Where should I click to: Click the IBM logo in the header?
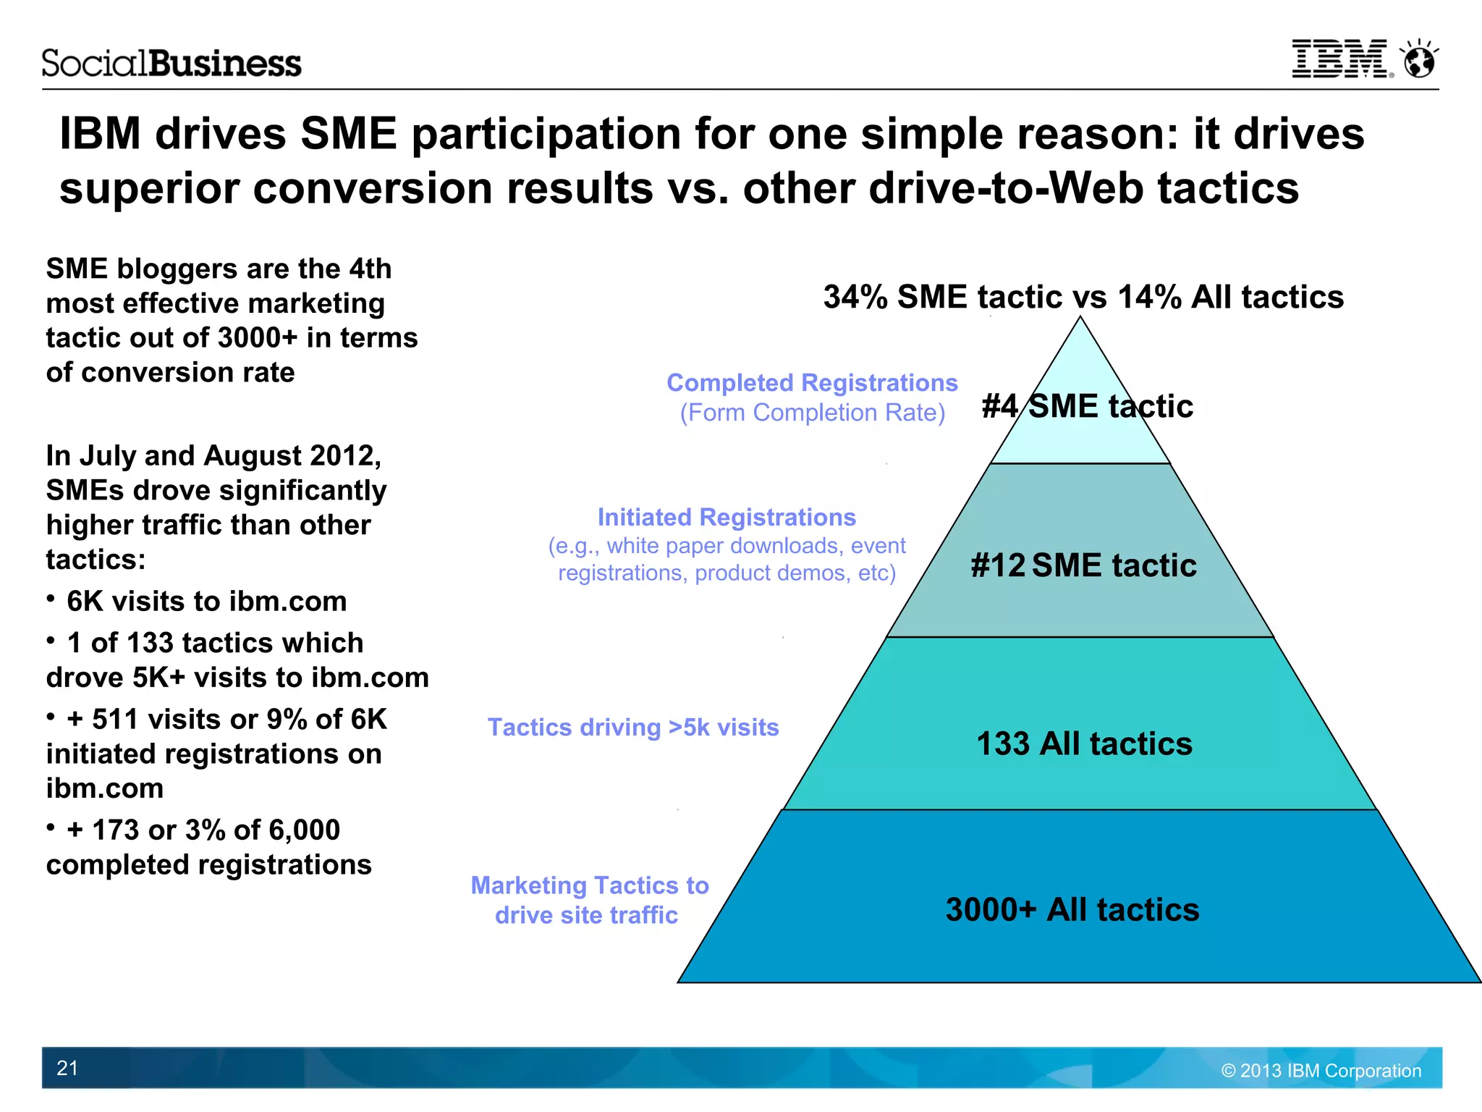[1339, 59]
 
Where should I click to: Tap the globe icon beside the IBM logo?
[1419, 59]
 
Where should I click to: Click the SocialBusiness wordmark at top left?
[172, 64]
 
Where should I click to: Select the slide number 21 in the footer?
[67, 1068]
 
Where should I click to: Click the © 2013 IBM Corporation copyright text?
[1321, 1071]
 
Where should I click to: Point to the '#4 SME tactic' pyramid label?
[1087, 406]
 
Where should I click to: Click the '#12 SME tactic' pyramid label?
[1083, 565]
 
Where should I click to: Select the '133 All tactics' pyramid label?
[1084, 744]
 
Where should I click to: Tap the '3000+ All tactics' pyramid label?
[1072, 909]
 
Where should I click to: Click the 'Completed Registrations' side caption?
[812, 382]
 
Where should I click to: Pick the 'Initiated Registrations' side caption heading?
[727, 517]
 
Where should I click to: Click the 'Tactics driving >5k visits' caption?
[633, 727]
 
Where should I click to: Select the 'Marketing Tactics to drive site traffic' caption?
[589, 900]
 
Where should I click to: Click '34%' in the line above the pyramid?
[855, 297]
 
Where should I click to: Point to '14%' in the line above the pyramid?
[1149, 297]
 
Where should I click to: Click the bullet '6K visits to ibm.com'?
[206, 601]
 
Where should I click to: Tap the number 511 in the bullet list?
[115, 719]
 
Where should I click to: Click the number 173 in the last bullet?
[115, 830]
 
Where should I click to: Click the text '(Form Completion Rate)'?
[812, 413]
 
